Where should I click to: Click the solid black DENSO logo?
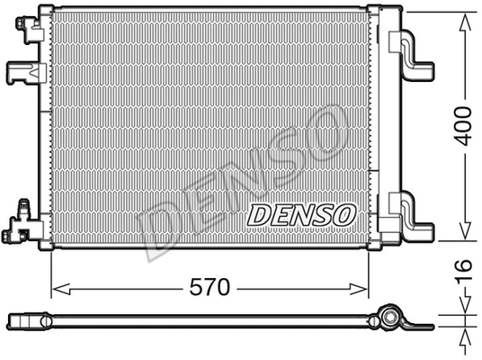[x=301, y=215]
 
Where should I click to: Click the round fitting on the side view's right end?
[x=389, y=318]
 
